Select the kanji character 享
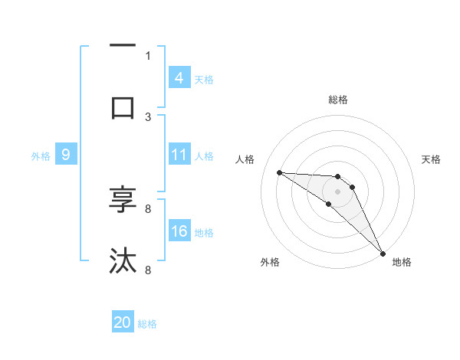pos(123,199)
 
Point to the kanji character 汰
pos(123,261)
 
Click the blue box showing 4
pos(179,78)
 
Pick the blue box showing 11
pos(179,155)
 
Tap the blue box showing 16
pos(179,231)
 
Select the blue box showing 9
pos(66,155)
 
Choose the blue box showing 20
pos(123,322)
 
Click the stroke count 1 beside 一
pos(148,55)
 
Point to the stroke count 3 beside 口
pos(148,116)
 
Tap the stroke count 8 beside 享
pos(148,208)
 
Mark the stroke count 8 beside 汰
pos(148,270)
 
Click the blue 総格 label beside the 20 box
pos(147,324)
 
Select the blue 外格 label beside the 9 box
pos(41,155)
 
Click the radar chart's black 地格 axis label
pos(402,262)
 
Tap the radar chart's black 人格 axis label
pos(245,159)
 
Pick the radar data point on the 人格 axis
pos(279,172)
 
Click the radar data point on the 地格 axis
pos(383,253)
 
